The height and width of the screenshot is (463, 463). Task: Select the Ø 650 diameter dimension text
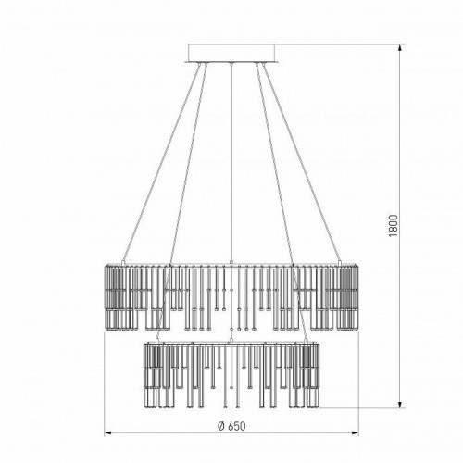(x=227, y=425)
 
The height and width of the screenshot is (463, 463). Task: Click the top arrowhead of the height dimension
(x=401, y=46)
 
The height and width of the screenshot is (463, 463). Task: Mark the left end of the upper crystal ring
(x=101, y=296)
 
